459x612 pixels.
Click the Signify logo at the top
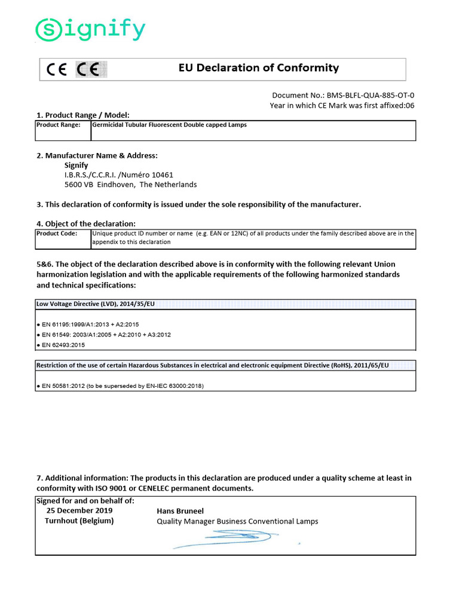tap(90, 30)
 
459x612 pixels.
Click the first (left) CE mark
tap(57, 71)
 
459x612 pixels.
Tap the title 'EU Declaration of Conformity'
tap(259, 68)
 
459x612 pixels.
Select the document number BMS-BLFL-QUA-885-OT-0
tap(371, 95)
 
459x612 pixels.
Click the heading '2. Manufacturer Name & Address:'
tap(97, 155)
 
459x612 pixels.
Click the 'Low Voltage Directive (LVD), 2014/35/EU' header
tap(96, 304)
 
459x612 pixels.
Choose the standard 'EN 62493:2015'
tap(63, 345)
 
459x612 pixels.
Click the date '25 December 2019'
tap(79, 510)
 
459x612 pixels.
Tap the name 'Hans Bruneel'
tap(180, 511)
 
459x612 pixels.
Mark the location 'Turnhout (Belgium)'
tap(79, 521)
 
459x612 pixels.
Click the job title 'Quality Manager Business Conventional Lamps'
tap(237, 521)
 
